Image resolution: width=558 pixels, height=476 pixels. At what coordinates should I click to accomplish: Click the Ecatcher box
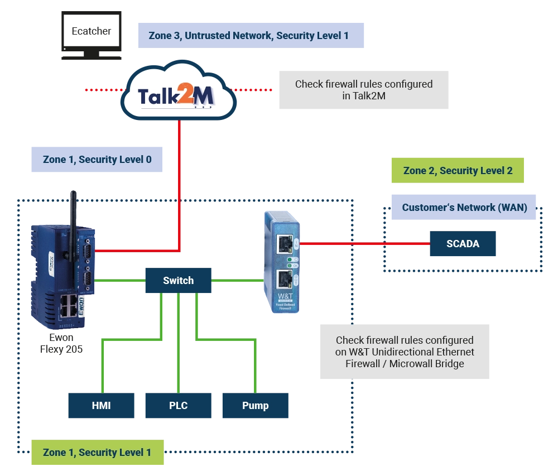point(92,31)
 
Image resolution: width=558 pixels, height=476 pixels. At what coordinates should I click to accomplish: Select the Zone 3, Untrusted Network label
point(249,36)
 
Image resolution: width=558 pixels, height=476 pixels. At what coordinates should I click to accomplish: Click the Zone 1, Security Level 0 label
point(97,160)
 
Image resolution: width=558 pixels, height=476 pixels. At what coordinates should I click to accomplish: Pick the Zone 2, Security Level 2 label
point(458,171)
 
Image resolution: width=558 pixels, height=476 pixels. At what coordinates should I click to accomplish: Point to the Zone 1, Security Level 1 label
point(97,453)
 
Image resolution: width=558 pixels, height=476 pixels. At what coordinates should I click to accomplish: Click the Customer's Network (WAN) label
point(464,208)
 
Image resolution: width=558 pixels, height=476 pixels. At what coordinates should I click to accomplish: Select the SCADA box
point(463,244)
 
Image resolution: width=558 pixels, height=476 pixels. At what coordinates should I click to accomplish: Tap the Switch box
point(179,281)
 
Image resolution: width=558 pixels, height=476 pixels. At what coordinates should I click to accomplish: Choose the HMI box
point(102,406)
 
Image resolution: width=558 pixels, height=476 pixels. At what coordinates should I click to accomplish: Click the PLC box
point(179,406)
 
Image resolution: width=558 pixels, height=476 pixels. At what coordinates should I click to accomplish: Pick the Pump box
point(255,406)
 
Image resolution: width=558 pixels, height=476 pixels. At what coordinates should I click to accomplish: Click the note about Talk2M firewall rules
point(364,89)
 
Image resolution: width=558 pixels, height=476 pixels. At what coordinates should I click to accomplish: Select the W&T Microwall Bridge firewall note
point(404,352)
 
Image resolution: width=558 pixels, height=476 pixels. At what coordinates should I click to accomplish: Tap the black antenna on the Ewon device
point(72,223)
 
